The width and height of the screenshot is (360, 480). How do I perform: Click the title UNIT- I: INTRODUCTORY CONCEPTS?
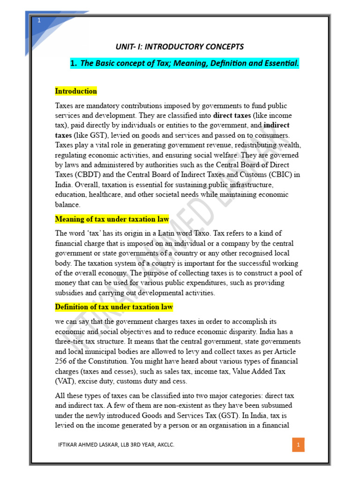coord(180,46)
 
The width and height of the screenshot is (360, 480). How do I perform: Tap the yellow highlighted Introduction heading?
coord(76,91)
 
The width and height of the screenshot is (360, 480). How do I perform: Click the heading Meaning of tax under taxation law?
coord(112,219)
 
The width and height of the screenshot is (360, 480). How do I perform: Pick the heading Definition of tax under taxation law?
coord(114,307)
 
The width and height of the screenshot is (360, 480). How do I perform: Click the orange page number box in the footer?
coord(298,444)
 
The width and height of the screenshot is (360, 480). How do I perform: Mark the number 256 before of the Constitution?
coord(62,361)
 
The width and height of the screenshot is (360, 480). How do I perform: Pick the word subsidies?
coord(70,293)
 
